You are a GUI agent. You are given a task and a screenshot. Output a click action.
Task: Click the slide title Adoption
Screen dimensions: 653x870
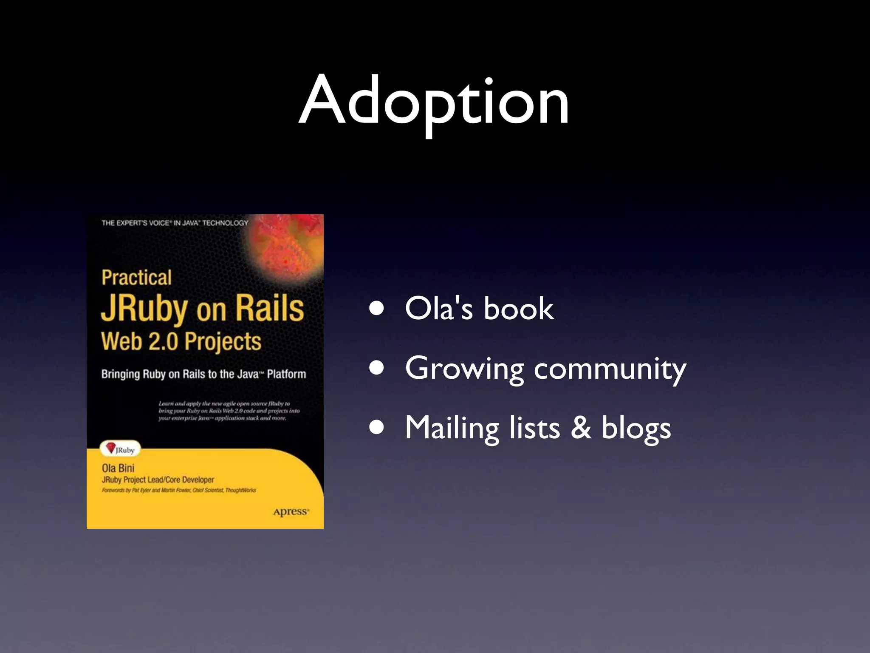(x=434, y=101)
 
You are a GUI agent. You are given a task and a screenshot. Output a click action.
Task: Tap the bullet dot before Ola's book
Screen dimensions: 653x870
(x=377, y=309)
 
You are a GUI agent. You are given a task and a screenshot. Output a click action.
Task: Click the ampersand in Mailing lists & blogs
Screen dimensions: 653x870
(x=581, y=427)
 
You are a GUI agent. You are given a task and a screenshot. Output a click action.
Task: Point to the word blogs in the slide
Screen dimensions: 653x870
(x=636, y=429)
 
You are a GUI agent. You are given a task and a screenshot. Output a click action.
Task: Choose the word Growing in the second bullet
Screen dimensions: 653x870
(x=464, y=369)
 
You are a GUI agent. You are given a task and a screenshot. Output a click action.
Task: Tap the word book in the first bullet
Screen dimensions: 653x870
(x=518, y=309)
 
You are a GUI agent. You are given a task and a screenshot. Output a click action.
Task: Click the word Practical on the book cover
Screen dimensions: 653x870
(x=136, y=278)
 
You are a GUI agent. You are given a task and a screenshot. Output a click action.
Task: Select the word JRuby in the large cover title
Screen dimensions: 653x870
(x=144, y=309)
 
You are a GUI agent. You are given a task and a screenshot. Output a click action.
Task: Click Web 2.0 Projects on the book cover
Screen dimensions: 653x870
(x=181, y=341)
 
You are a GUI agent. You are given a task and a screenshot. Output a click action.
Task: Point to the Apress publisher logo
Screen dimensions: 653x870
(x=291, y=512)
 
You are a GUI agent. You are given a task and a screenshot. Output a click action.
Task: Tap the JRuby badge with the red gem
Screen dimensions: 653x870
(x=120, y=449)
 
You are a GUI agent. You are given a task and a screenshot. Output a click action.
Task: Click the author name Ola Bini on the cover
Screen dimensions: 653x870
(x=118, y=468)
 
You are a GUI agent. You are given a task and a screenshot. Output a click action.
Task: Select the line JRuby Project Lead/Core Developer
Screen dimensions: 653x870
(x=158, y=480)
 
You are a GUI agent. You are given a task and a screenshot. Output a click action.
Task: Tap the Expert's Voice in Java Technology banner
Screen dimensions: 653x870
(x=175, y=223)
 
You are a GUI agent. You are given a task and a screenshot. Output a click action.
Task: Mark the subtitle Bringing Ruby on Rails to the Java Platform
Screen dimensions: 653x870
(x=203, y=374)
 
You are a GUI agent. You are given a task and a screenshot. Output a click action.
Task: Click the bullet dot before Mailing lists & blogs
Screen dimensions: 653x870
(x=377, y=428)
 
